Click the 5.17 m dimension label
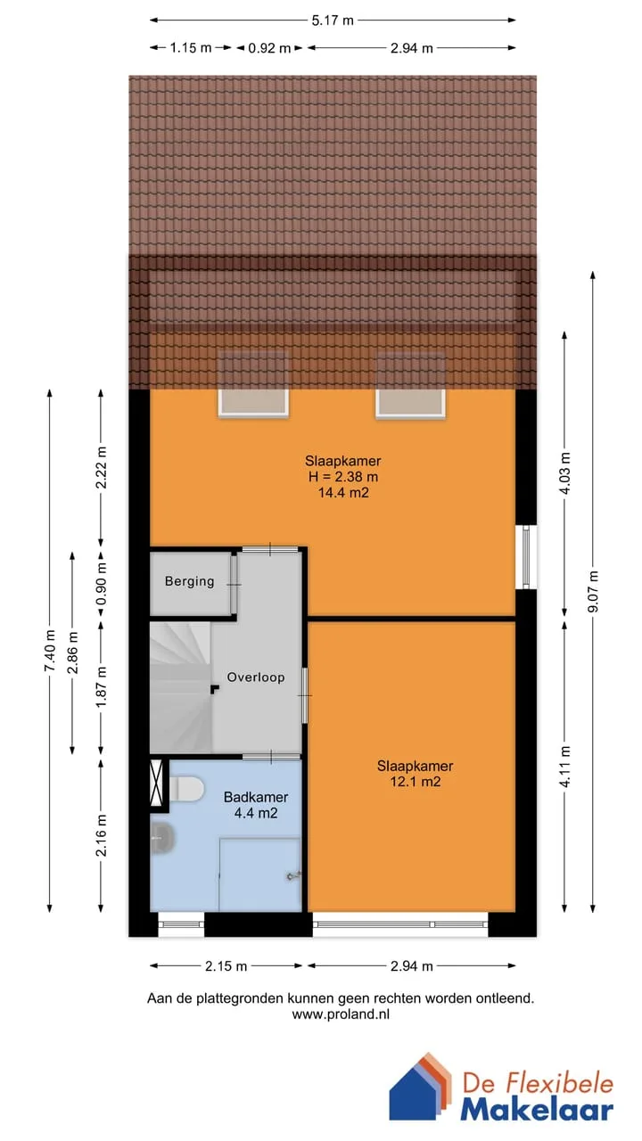point(333,21)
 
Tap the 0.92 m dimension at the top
point(269,48)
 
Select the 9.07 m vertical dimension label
point(594,591)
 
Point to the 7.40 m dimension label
point(50,651)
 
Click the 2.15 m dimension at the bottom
point(226,965)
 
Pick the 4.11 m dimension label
point(565,767)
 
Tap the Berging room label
point(190,581)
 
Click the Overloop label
point(256,677)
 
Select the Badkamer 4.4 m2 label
point(256,805)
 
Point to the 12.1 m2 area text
point(416,782)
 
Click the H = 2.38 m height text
point(343,477)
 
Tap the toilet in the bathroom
point(186,789)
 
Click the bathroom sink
point(163,837)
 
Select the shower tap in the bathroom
point(294,876)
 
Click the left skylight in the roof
point(254,385)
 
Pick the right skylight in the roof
point(411,385)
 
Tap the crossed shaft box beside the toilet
point(156,783)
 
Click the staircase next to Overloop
point(180,686)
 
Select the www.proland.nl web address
point(341,1014)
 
